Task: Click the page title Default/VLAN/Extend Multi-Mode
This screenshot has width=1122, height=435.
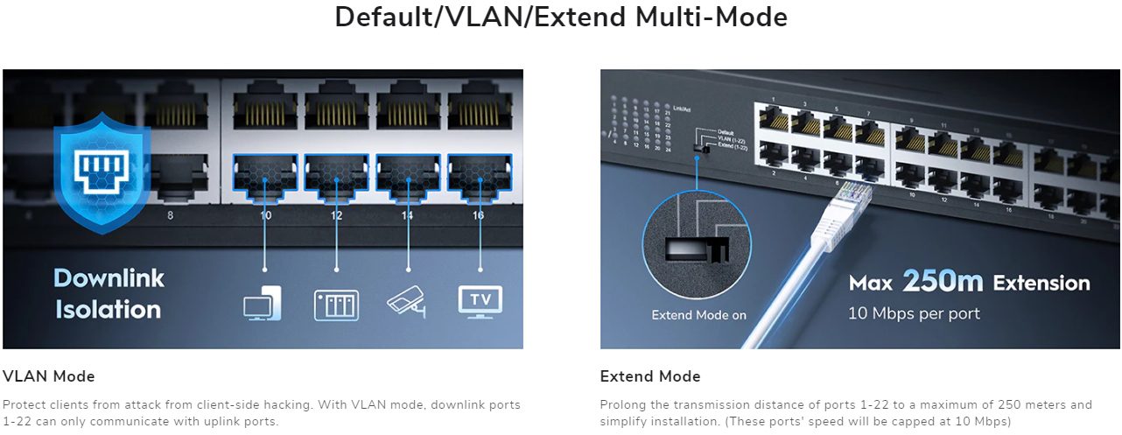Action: tap(561, 17)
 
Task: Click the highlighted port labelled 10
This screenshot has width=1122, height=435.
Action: tap(265, 173)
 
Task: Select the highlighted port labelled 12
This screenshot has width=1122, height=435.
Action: tap(337, 173)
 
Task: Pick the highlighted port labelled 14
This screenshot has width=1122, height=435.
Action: tap(408, 173)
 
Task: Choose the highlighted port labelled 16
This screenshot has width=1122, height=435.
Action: tap(480, 173)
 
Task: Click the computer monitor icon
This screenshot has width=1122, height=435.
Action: tap(263, 303)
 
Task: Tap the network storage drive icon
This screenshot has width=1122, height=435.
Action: tap(336, 304)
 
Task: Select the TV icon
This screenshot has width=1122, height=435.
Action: tap(480, 300)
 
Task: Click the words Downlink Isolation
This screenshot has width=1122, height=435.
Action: tap(108, 293)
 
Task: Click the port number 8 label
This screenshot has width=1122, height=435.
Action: tap(170, 214)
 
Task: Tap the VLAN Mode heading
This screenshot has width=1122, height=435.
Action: tap(49, 376)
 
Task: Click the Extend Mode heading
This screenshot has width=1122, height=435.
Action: tap(650, 376)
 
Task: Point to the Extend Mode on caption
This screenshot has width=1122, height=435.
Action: tap(699, 315)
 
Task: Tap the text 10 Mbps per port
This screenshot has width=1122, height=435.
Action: tap(914, 312)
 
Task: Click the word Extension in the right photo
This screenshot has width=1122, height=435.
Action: tap(1041, 283)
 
